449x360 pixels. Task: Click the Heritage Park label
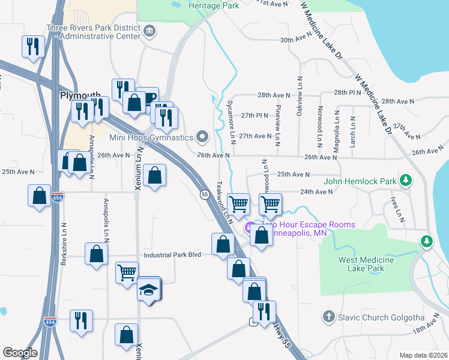point(214,5)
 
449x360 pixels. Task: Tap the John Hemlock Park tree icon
point(406,181)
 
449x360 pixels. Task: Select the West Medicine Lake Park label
point(366,264)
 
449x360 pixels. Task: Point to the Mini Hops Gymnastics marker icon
point(202,137)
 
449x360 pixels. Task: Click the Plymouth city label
point(79,95)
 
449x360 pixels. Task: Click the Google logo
point(20,353)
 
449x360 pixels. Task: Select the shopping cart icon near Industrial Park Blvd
point(127,272)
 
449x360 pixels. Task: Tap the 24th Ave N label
point(316,191)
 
